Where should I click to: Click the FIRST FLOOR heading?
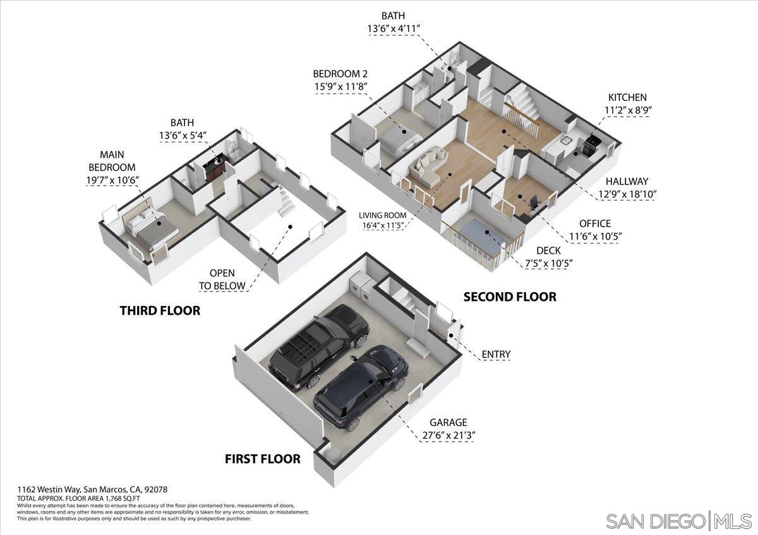tap(262, 459)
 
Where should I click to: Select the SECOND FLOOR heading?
tap(510, 297)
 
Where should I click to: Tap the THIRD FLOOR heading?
tap(160, 310)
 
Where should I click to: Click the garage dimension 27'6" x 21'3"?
tap(448, 435)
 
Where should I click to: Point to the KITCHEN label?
tap(627, 97)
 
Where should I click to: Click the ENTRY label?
tap(496, 355)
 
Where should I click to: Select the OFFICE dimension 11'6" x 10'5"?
tap(596, 237)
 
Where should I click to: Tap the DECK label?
tap(549, 250)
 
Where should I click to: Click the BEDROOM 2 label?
tap(340, 73)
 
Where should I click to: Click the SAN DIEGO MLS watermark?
tap(678, 521)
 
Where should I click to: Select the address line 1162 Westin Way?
tap(92, 489)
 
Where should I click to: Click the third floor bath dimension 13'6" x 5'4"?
tap(184, 136)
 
